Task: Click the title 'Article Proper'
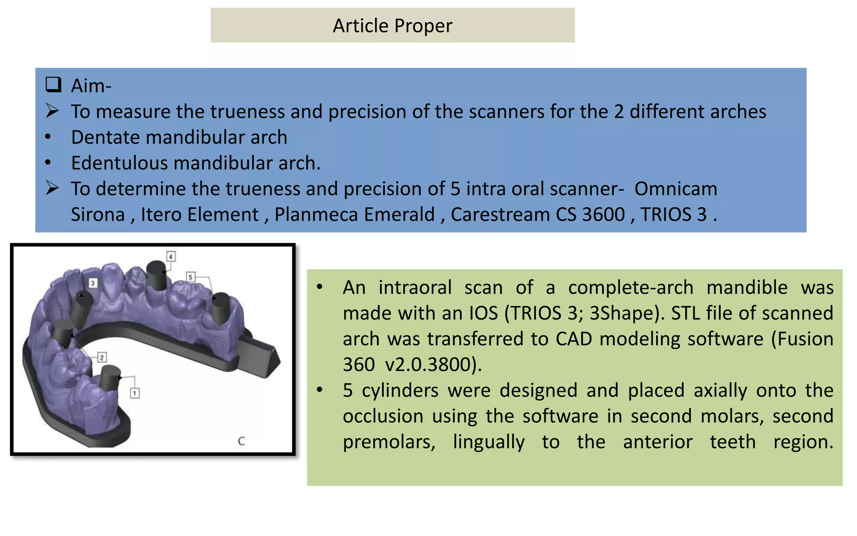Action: tap(392, 26)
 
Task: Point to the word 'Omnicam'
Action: tap(675, 189)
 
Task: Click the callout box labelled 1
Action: tap(134, 393)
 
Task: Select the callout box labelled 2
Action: tap(102, 357)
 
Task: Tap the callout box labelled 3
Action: tap(93, 283)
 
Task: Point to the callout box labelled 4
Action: tap(170, 256)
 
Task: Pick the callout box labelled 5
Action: tap(190, 277)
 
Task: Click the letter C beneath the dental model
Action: tap(241, 441)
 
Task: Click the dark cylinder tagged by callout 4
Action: tap(157, 276)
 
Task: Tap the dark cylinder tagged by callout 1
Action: tap(110, 378)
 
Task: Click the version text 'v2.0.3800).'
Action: tap(433, 365)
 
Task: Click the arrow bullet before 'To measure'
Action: tap(52, 111)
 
